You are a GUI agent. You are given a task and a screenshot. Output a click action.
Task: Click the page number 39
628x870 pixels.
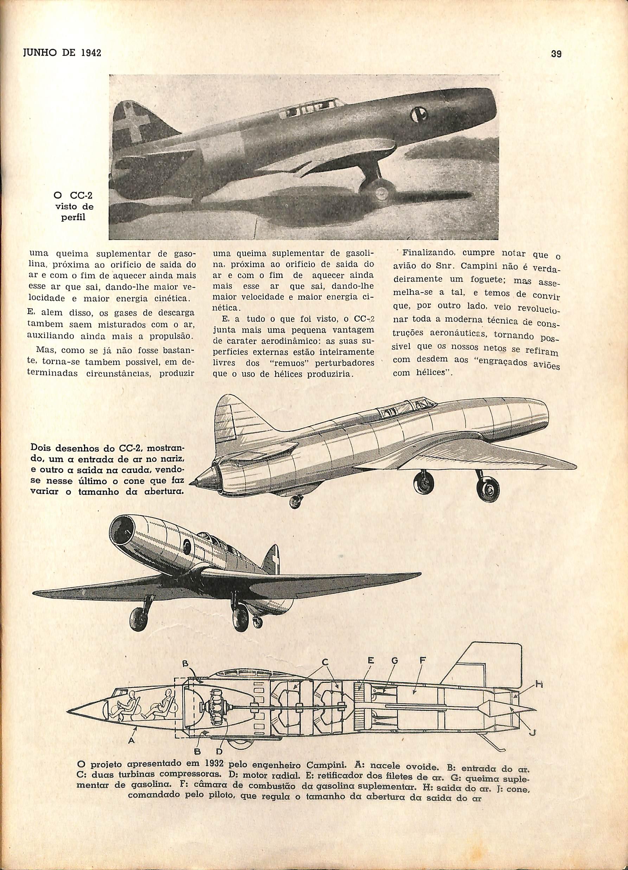click(556, 54)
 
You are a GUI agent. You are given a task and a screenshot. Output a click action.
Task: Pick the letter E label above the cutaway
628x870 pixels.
click(371, 660)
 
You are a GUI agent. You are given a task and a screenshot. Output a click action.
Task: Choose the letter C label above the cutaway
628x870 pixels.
click(324, 662)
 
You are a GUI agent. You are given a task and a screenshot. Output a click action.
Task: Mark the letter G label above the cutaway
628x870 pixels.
click(395, 660)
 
